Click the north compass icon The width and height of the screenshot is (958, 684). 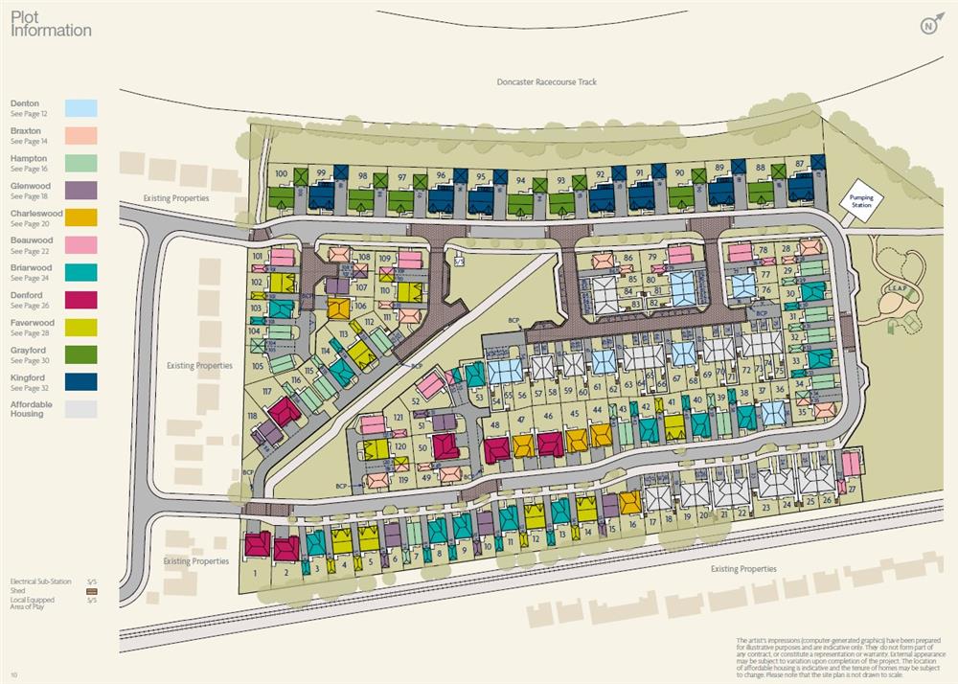coord(929,26)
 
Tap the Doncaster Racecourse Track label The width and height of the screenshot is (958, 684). coord(546,82)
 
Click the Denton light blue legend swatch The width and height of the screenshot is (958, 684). coord(81,108)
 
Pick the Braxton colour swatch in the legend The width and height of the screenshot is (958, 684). coord(81,135)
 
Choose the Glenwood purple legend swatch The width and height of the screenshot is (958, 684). coord(81,190)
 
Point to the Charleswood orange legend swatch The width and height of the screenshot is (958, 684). coord(81,217)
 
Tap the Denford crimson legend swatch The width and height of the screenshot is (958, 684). coord(81,300)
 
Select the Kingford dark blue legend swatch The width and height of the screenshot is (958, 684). coord(81,382)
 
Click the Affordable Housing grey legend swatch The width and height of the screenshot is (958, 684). coord(81,409)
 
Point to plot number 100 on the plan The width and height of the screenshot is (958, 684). coord(281,173)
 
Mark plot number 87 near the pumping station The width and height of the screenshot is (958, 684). coord(799,164)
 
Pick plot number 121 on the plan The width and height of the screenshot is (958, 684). coord(398,419)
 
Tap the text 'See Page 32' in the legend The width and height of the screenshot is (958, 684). coord(29,388)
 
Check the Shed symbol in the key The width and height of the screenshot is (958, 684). coord(92,591)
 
